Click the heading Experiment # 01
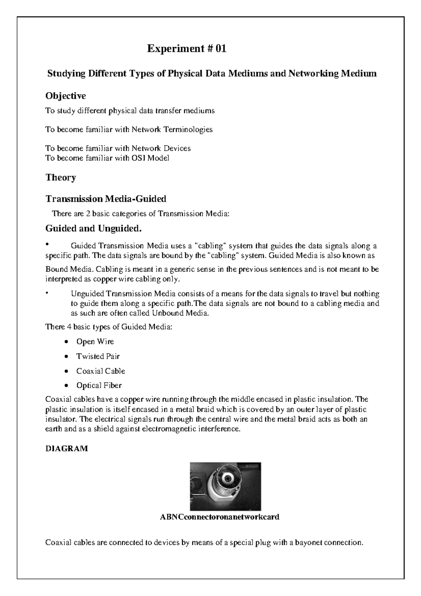point(187,48)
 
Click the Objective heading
point(66,95)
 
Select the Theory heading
point(61,177)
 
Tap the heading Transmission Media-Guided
point(106,199)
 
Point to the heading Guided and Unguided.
point(94,229)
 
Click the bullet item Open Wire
point(95,342)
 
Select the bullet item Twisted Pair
point(98,356)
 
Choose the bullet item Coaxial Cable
point(101,371)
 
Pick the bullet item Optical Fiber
point(99,385)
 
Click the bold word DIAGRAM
point(67,449)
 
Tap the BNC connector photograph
point(225,486)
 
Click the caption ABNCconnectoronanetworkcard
point(220,517)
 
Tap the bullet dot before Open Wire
point(66,342)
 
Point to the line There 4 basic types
point(109,327)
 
